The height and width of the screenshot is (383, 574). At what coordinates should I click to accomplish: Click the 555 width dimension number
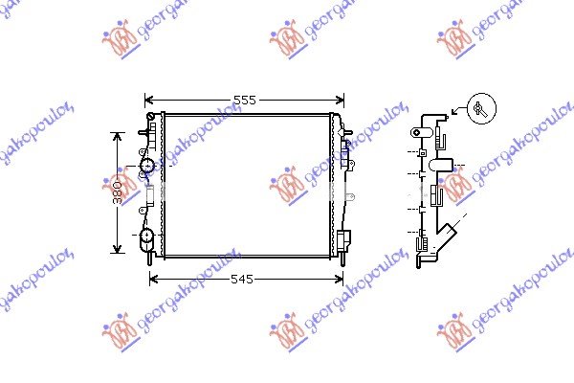click(x=244, y=99)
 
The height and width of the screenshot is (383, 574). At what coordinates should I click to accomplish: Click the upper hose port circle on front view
click(x=147, y=168)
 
